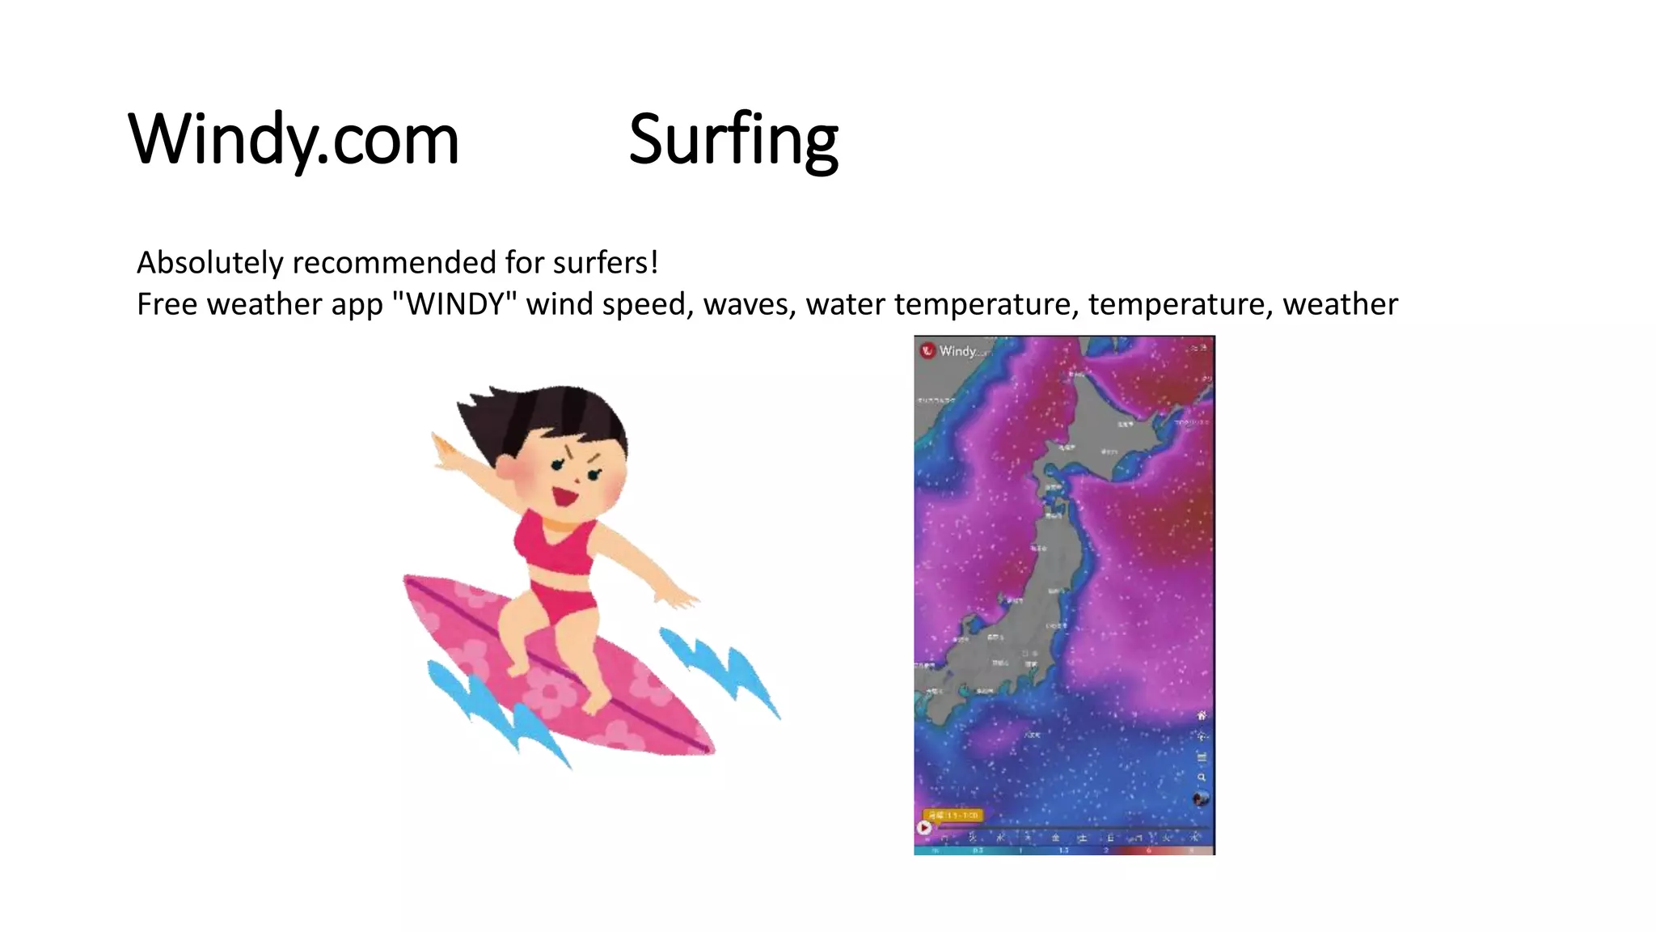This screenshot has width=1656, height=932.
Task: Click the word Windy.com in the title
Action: point(294,139)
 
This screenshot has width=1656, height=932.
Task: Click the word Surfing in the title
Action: point(733,139)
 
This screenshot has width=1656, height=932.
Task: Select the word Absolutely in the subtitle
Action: point(210,263)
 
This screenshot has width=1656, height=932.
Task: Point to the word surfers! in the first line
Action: point(606,263)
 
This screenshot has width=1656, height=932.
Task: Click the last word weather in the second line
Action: point(1340,305)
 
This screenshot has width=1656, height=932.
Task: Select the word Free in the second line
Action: point(167,305)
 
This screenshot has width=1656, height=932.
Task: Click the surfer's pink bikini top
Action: point(554,544)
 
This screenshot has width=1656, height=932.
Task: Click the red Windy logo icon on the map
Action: point(927,350)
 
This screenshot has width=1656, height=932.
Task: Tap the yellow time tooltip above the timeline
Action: point(953,815)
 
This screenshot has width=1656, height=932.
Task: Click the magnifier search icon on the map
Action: point(1202,777)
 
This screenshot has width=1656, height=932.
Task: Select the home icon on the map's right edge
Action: point(1202,715)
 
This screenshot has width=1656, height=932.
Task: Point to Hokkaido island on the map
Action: point(1116,429)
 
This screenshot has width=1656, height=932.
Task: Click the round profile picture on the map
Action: point(1201,799)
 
